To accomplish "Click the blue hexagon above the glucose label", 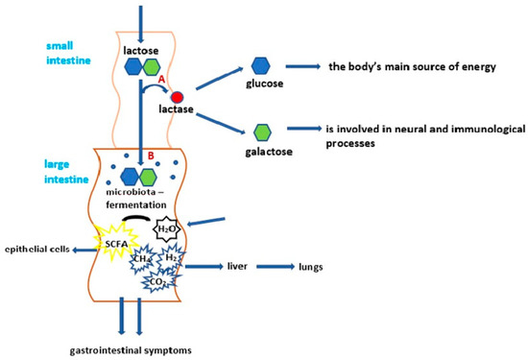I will (260, 65).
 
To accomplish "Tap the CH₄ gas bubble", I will (142, 258).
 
